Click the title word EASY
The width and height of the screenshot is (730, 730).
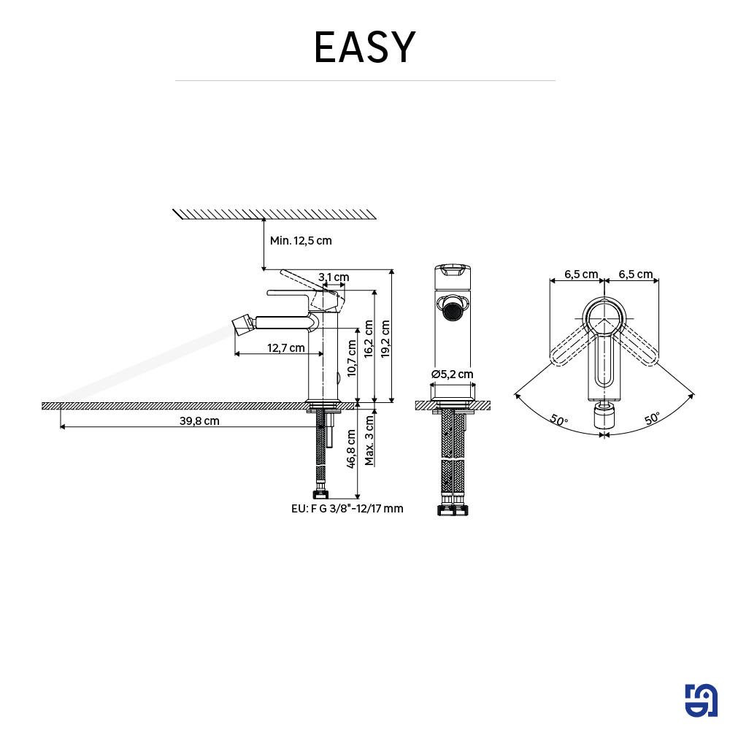coord(364,47)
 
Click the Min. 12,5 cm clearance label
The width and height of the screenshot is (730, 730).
coord(301,241)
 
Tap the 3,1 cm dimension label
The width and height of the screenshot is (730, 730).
coord(334,277)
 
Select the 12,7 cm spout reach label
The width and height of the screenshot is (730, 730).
coord(286,347)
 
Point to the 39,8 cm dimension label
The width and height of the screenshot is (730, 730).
coord(199,420)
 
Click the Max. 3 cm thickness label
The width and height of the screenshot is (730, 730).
coord(369,439)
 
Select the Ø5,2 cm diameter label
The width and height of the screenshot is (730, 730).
coord(452,374)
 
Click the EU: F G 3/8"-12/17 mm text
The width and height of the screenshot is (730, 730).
coord(347,509)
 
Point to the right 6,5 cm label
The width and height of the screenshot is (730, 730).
coord(635,274)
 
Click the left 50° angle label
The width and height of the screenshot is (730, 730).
coord(558,420)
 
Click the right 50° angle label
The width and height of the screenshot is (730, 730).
coord(652,418)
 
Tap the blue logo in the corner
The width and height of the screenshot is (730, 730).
coord(702,701)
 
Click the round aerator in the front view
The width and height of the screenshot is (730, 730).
coord(453,310)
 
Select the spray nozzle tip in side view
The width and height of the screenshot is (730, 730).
coord(241,323)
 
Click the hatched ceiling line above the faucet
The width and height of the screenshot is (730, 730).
coord(276,213)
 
